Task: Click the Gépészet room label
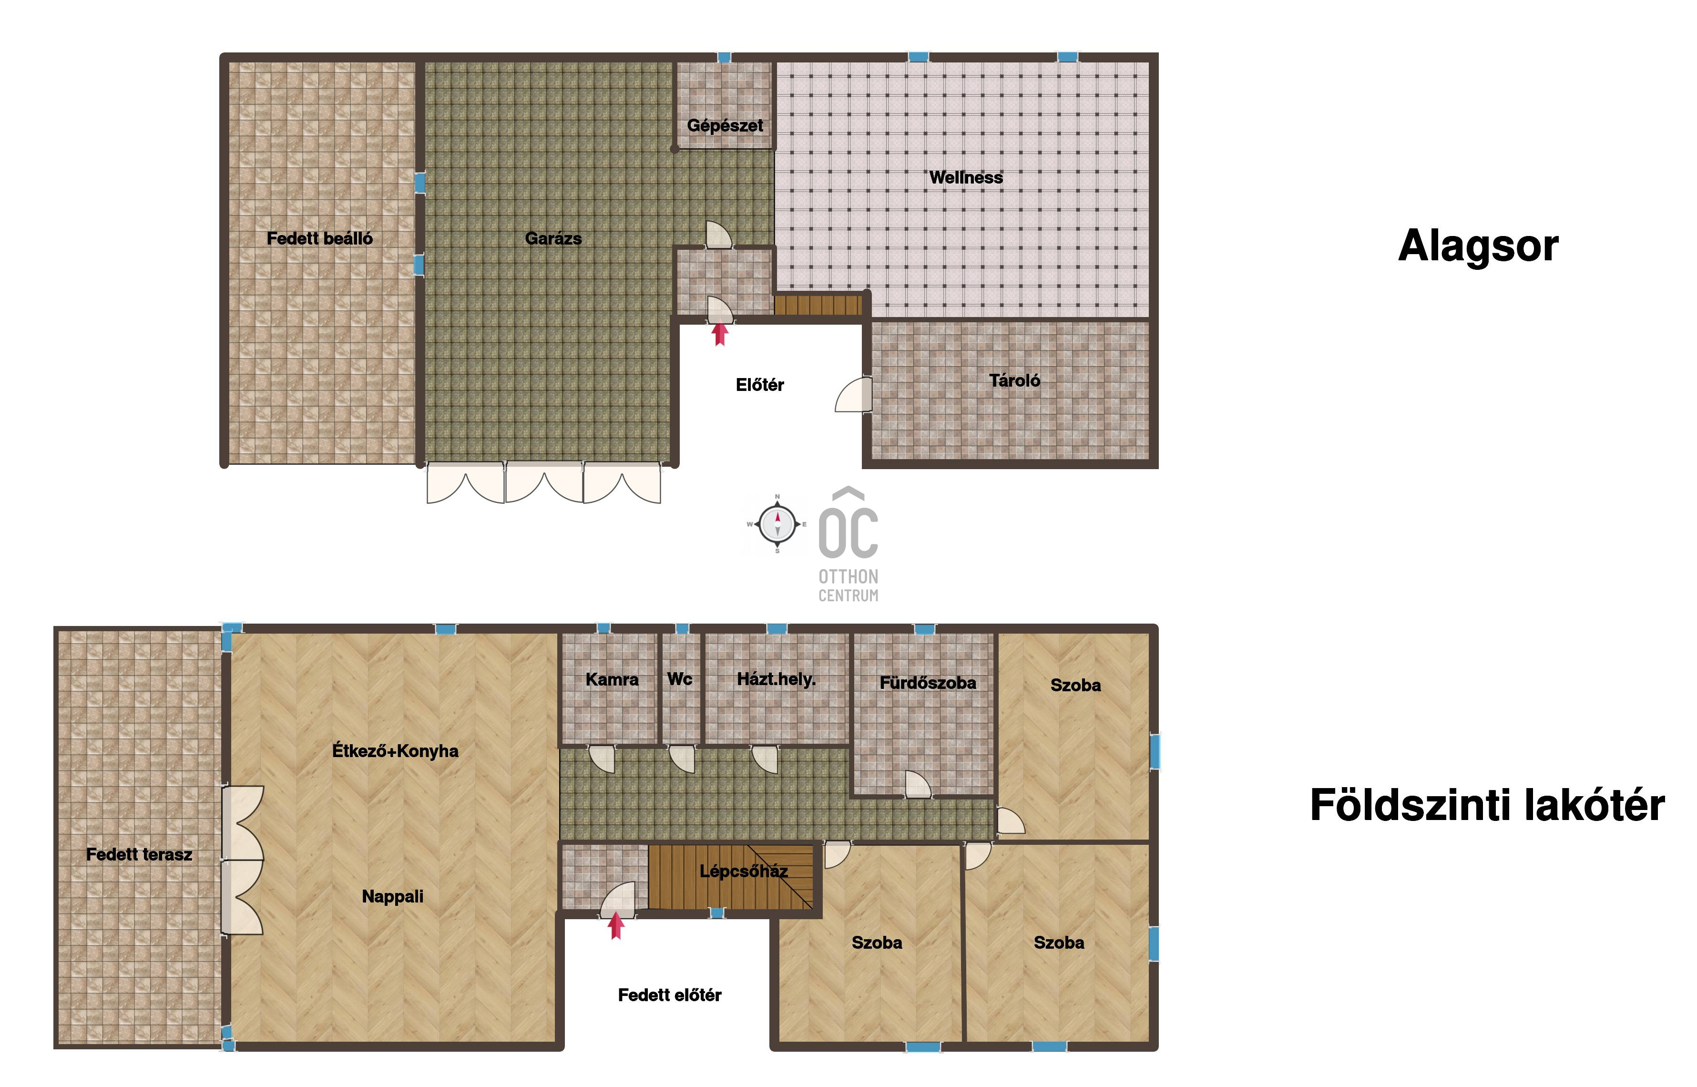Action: tap(725, 126)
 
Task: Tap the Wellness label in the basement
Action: tap(965, 177)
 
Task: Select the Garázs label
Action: tap(553, 238)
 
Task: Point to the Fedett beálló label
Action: tap(320, 238)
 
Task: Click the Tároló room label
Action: tap(1014, 380)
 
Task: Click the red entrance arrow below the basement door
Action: tap(720, 334)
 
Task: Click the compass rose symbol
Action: tap(777, 524)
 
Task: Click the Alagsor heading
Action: tap(1478, 246)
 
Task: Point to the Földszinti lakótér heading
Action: tap(1487, 805)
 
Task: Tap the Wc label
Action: tap(679, 679)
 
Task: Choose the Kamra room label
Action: tap(612, 680)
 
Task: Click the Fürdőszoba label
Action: tap(928, 683)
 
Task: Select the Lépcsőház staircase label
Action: tap(743, 871)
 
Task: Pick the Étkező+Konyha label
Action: tap(395, 750)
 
